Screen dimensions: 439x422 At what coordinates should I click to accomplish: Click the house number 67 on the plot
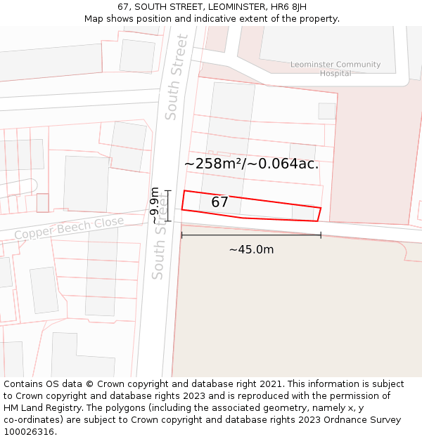219,202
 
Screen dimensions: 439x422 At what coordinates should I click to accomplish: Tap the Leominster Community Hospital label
335,69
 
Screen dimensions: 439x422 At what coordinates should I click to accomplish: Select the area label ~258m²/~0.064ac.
251,164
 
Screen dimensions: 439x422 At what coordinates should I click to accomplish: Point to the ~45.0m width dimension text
251,249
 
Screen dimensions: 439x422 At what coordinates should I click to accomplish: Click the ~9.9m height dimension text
155,205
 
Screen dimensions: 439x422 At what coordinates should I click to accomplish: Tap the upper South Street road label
177,77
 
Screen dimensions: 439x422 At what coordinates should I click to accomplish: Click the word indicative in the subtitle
216,19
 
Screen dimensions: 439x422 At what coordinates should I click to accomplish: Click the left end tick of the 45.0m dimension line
181,235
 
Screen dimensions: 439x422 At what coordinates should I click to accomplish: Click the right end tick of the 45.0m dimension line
321,235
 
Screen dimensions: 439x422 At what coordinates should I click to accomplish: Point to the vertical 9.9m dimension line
167,205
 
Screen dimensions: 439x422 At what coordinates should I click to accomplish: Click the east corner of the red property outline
321,209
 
